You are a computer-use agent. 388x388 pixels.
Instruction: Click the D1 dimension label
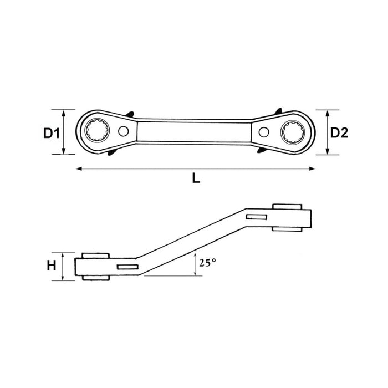(52, 134)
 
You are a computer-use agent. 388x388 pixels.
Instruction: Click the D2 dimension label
(339, 133)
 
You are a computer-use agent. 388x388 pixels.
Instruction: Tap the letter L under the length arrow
(196, 178)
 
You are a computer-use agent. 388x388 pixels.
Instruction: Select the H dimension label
(52, 266)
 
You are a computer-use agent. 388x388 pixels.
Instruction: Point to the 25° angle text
(208, 263)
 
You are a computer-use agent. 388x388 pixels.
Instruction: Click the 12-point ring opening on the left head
(97, 130)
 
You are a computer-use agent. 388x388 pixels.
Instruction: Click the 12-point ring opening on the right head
(293, 132)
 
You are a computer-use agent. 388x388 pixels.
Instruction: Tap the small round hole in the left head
(124, 131)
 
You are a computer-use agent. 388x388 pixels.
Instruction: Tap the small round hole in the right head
(264, 132)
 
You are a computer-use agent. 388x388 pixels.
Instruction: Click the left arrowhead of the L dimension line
(79, 169)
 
